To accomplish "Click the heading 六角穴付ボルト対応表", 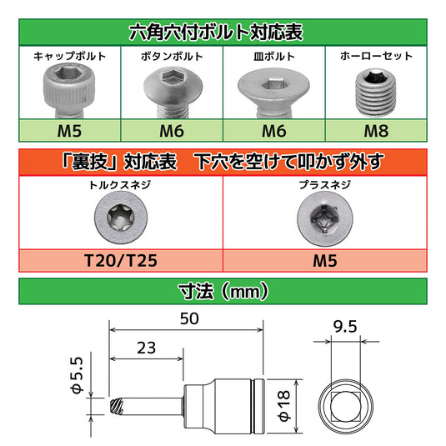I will (x=223, y=33).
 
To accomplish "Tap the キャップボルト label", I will (x=69, y=57).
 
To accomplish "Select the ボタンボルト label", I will (x=173, y=57).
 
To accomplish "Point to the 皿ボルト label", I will (x=273, y=57).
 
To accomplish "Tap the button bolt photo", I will (x=170, y=90).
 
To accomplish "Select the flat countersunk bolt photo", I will (x=273, y=90).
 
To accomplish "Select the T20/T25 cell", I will (x=122, y=259).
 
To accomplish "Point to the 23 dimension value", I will (x=144, y=349).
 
